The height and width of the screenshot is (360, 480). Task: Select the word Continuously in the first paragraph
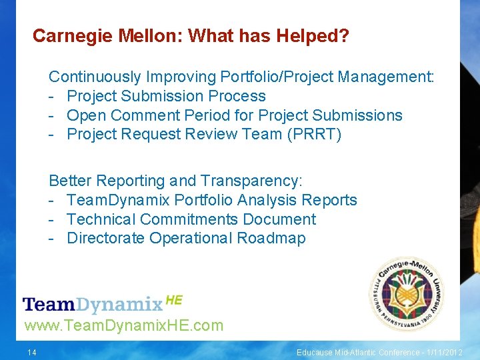pyautogui.click(x=95, y=77)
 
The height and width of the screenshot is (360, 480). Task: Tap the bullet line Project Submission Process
pyautogui.click(x=166, y=97)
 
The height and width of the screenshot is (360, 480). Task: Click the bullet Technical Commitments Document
pyautogui.click(x=191, y=219)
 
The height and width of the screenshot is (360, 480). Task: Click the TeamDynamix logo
pyautogui.click(x=93, y=305)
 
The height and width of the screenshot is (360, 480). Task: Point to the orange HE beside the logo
pyautogui.click(x=173, y=300)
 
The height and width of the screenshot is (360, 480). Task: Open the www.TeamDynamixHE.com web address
pyautogui.click(x=123, y=326)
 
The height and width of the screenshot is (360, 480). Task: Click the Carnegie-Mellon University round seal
pyautogui.click(x=406, y=294)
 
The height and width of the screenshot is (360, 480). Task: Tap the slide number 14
pyautogui.click(x=31, y=352)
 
